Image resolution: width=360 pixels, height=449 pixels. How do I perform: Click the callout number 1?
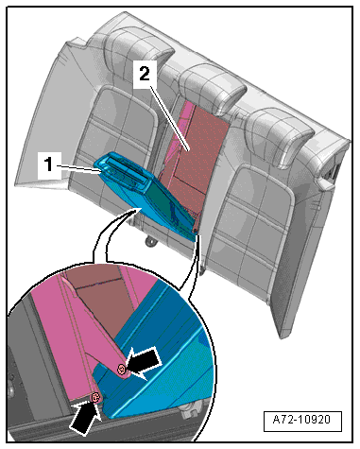coord(48,164)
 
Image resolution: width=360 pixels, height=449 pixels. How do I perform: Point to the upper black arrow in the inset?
coord(145,362)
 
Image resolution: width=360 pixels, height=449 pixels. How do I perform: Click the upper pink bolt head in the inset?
coord(121,369)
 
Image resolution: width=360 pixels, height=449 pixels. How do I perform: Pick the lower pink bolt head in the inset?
coord(95,398)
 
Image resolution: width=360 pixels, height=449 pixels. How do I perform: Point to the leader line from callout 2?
coord(169,119)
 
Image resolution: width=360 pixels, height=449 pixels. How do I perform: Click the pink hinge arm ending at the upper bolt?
coord(94,324)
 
